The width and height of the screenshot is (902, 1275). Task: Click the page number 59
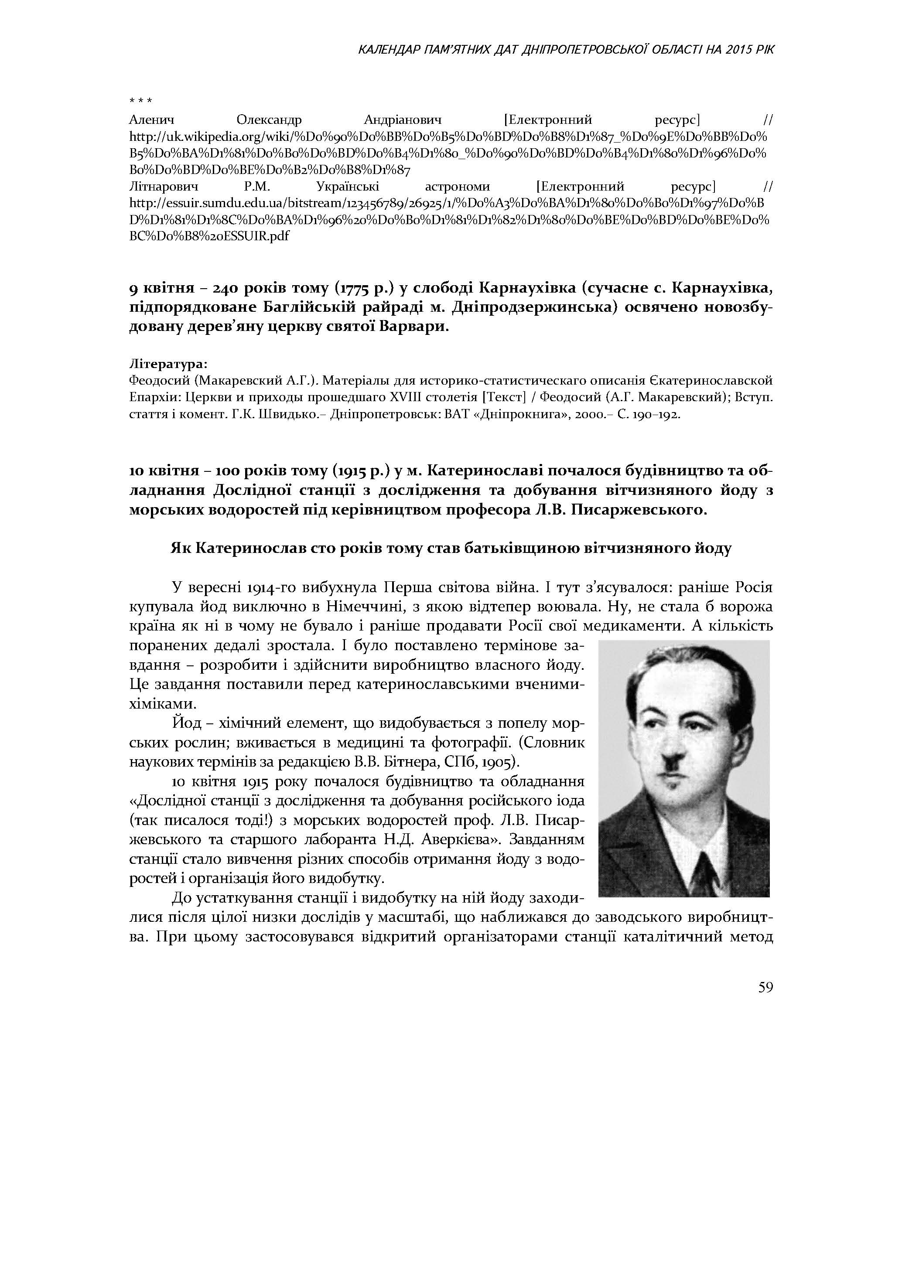[x=765, y=987]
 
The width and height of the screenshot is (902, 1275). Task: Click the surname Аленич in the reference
[x=152, y=120]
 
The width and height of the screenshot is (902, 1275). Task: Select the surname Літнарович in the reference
[x=163, y=186]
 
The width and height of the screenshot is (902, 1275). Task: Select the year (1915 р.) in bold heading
[x=363, y=471]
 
